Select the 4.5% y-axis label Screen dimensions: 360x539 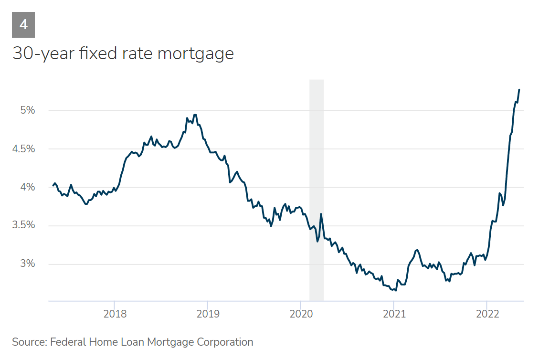tap(24, 149)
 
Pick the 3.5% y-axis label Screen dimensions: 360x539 tap(24, 226)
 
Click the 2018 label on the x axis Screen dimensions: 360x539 tap(115, 314)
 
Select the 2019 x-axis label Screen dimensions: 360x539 tap(208, 314)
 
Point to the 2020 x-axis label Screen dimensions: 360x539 tap(301, 314)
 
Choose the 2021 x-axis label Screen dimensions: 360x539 tap(394, 314)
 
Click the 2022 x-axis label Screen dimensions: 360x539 tap(487, 314)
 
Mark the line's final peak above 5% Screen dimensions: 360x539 tap(519, 90)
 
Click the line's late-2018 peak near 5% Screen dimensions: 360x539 tap(195, 115)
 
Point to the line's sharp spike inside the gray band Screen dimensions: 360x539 tap(321, 214)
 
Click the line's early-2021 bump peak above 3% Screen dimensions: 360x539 tap(417, 250)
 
